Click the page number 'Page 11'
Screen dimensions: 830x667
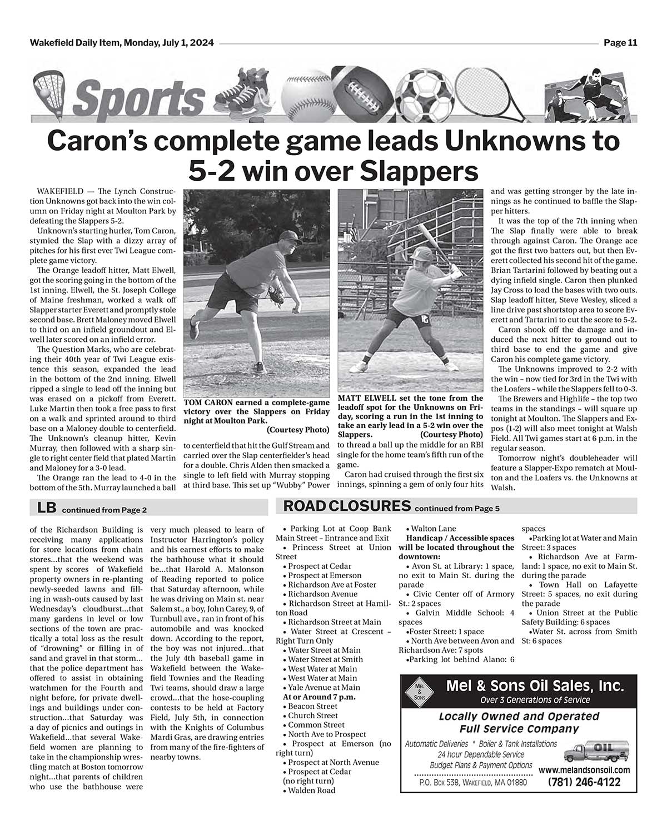coord(620,43)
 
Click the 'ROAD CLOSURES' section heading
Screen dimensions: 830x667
coord(347,506)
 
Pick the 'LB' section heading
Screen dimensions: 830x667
coord(46,507)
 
